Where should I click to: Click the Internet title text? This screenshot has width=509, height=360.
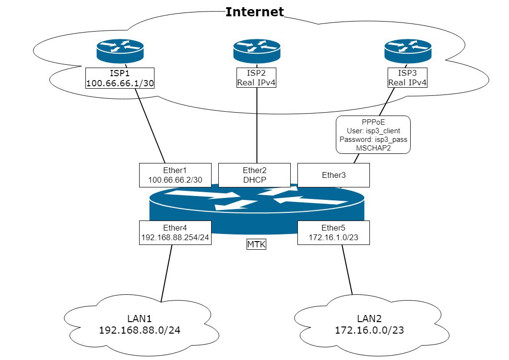pyautogui.click(x=255, y=12)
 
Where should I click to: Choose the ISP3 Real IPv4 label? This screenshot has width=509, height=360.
pyautogui.click(x=407, y=78)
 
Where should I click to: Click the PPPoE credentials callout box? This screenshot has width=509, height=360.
pyautogui.click(x=373, y=134)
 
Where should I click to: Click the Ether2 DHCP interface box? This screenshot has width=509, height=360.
pyautogui.click(x=254, y=174)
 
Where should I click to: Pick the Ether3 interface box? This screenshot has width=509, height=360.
pyautogui.click(x=333, y=175)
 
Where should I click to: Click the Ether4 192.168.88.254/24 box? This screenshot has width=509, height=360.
pyautogui.click(x=176, y=232)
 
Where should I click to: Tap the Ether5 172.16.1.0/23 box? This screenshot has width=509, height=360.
pyautogui.click(x=333, y=232)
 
